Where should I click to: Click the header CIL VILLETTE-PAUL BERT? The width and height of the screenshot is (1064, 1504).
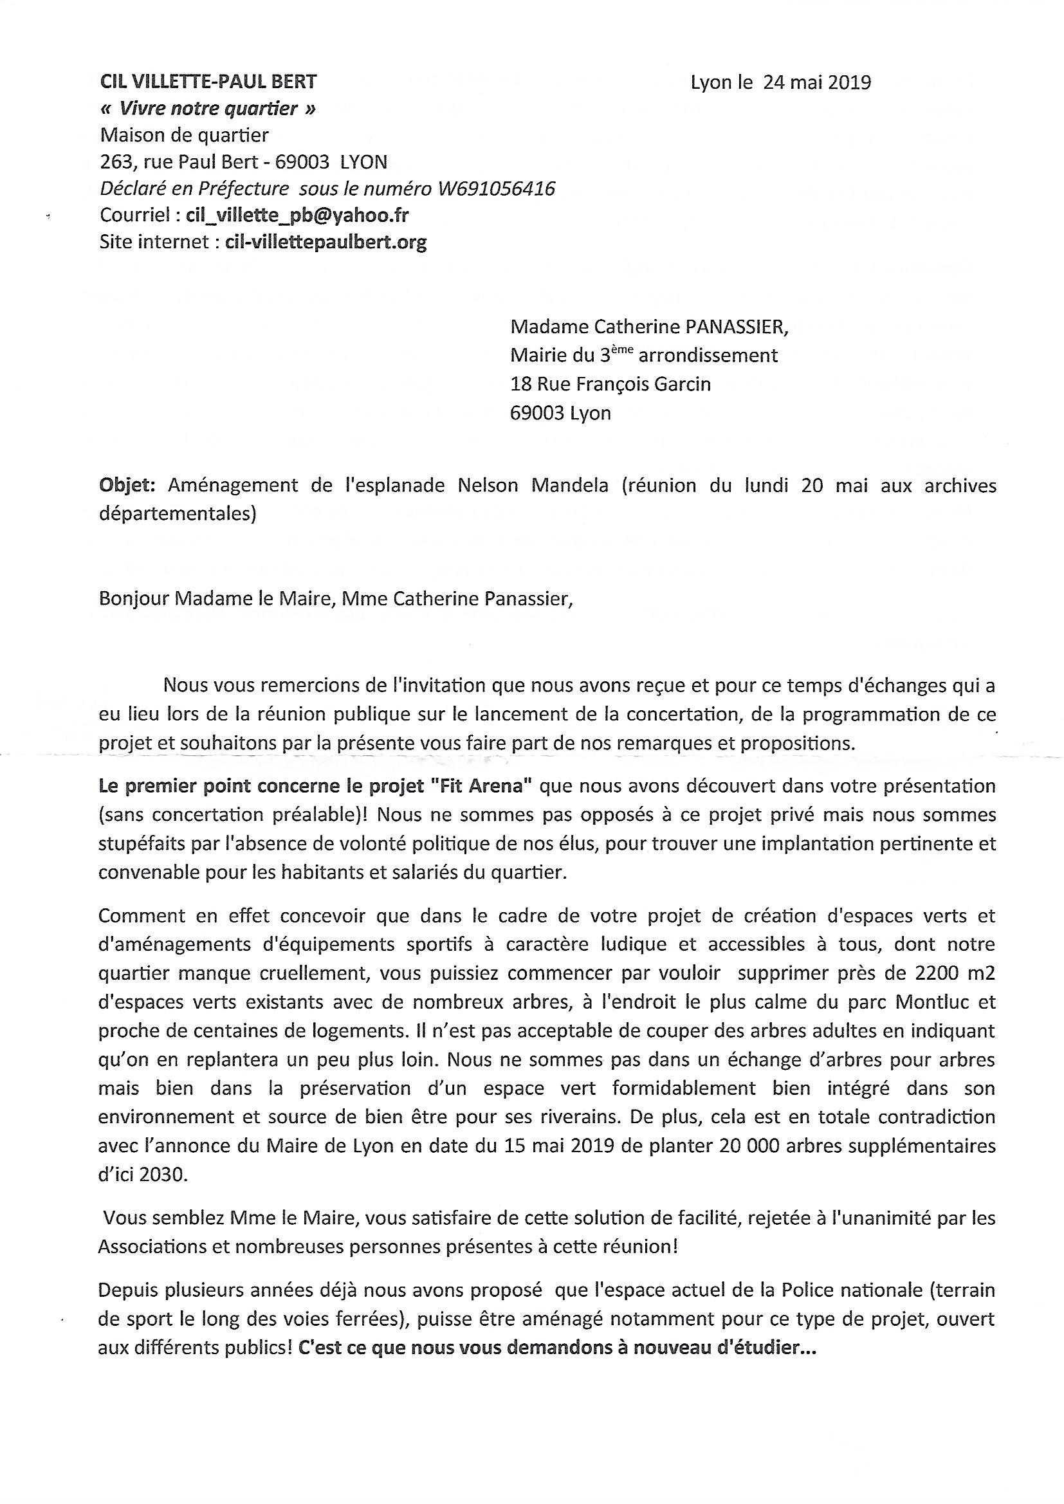click(x=208, y=82)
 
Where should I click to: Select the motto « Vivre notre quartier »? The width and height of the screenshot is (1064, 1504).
click(x=208, y=109)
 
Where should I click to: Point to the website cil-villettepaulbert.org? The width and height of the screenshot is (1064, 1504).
click(x=326, y=243)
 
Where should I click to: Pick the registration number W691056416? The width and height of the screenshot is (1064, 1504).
click(x=493, y=189)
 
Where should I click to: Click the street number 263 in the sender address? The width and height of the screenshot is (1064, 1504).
click(x=115, y=162)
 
